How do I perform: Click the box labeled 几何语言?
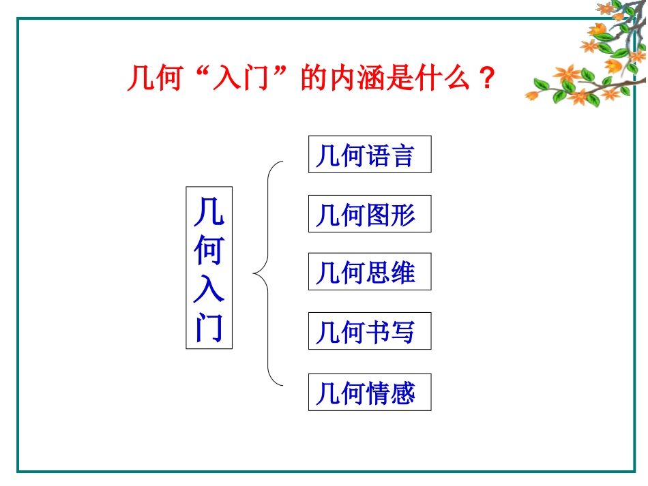pyautogui.click(x=370, y=154)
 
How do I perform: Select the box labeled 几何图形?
pyautogui.click(x=370, y=214)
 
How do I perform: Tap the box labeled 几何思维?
pyautogui.click(x=370, y=272)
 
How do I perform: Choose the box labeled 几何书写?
pyautogui.click(x=370, y=331)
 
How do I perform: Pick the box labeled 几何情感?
pyautogui.click(x=370, y=392)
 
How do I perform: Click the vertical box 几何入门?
pyautogui.click(x=209, y=268)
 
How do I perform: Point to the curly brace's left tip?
pyautogui.click(x=254, y=275)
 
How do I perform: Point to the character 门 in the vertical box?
pyautogui.click(x=209, y=329)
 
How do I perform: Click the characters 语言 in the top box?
pyautogui.click(x=391, y=155)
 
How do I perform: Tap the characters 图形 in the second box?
pyautogui.click(x=391, y=215)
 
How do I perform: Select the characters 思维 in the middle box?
pyautogui.click(x=391, y=273)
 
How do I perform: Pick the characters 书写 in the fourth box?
pyautogui.click(x=391, y=332)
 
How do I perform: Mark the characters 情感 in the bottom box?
pyautogui.click(x=391, y=393)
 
